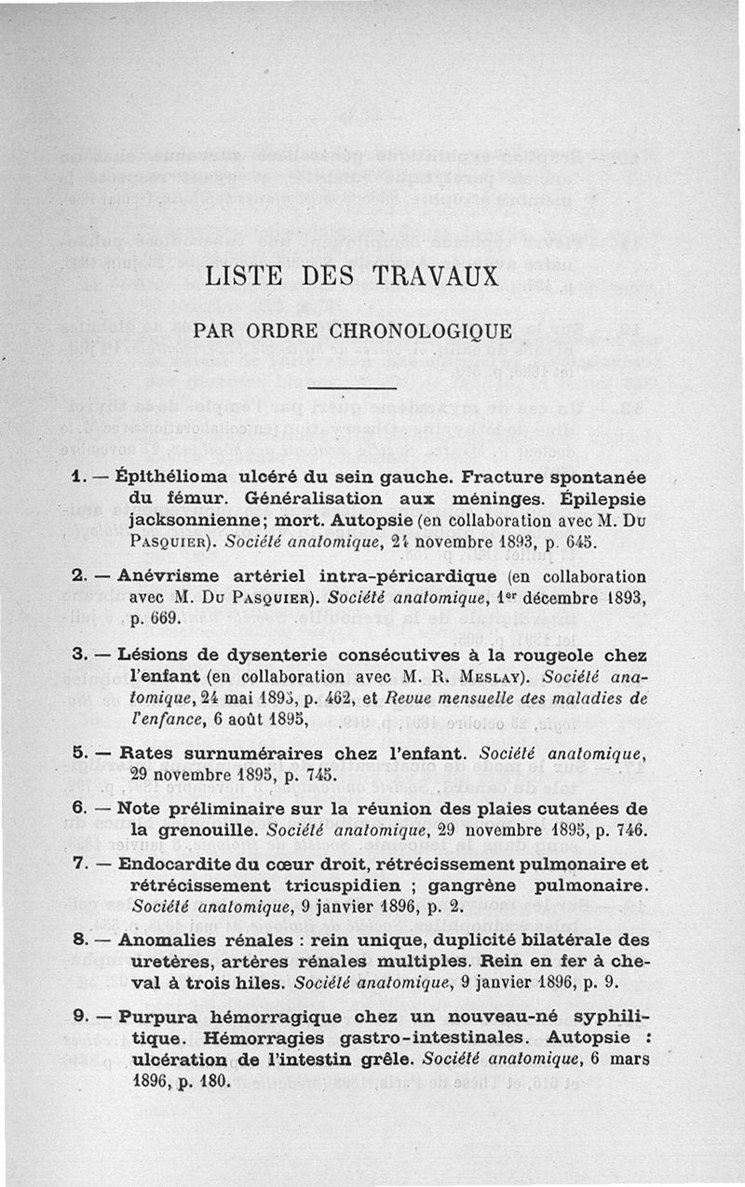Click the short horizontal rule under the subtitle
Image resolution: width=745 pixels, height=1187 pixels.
pos(352,387)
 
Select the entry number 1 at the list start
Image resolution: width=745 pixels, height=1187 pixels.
pos(78,476)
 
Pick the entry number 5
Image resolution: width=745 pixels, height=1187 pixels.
pos(78,752)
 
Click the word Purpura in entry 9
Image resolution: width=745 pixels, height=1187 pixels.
pos(152,1016)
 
